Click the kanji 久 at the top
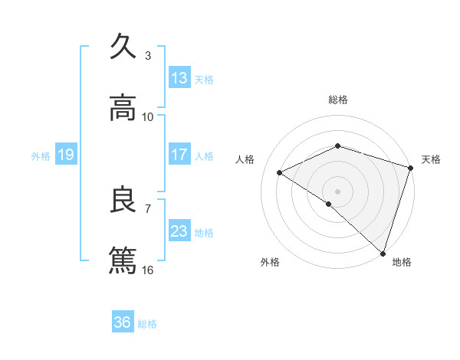coord(123,47)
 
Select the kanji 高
coord(123,108)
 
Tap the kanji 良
coord(123,200)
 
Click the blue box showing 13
coord(179,78)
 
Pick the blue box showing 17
coord(179,155)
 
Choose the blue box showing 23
coord(179,231)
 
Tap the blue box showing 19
coord(65,155)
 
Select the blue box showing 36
coord(123,322)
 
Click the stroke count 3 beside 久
coord(148,55)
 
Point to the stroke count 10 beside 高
coord(148,116)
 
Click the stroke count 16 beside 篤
coord(148,270)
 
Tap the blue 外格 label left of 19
coord(41,155)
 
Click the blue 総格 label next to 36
coord(148,323)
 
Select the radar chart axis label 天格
coord(431,159)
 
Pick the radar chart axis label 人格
coord(245,159)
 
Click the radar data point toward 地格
coord(383,252)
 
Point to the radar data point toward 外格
coord(329,204)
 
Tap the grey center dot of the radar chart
coord(337,191)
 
